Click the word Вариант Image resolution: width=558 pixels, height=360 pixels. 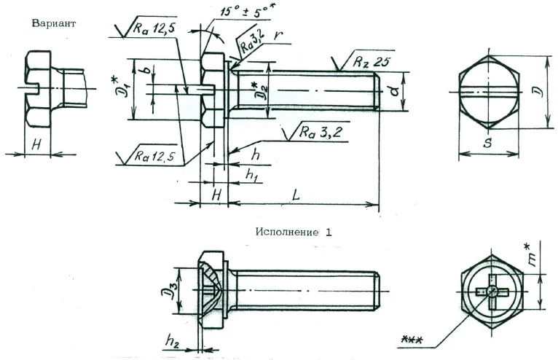click(x=54, y=23)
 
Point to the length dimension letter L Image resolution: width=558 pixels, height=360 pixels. click(x=294, y=196)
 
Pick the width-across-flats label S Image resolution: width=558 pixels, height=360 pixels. click(x=487, y=144)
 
